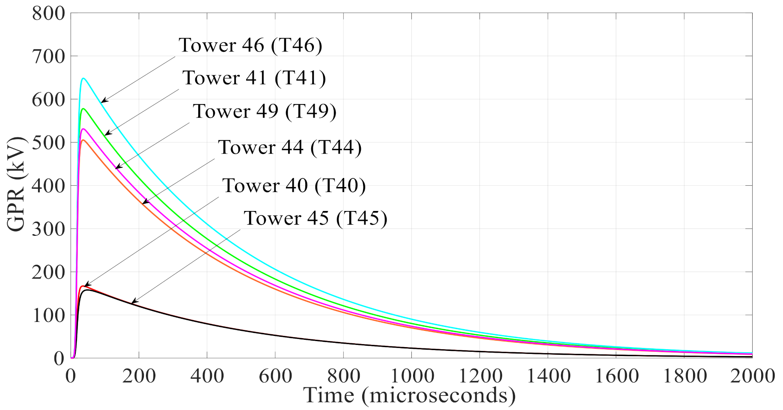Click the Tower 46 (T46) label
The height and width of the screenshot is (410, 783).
(x=250, y=45)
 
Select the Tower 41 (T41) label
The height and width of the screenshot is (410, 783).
(x=254, y=78)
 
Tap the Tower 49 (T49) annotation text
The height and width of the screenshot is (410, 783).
(x=265, y=111)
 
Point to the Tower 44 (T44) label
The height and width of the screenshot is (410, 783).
(x=290, y=148)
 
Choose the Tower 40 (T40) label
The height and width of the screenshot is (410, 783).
(x=294, y=186)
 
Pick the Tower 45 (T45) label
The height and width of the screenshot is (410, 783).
(x=316, y=218)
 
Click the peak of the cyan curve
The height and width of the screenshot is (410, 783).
(x=83, y=79)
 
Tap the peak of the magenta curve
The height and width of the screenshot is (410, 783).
(x=83, y=129)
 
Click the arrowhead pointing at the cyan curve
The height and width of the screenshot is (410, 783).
(x=103, y=101)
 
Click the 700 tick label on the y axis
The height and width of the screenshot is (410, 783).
(x=48, y=56)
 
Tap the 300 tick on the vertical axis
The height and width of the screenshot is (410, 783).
(x=48, y=229)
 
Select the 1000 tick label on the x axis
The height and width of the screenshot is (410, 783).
(x=411, y=376)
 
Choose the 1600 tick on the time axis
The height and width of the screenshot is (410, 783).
(x=616, y=376)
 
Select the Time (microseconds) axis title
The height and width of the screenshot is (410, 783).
(x=409, y=395)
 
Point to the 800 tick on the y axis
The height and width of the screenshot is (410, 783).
(x=48, y=13)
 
